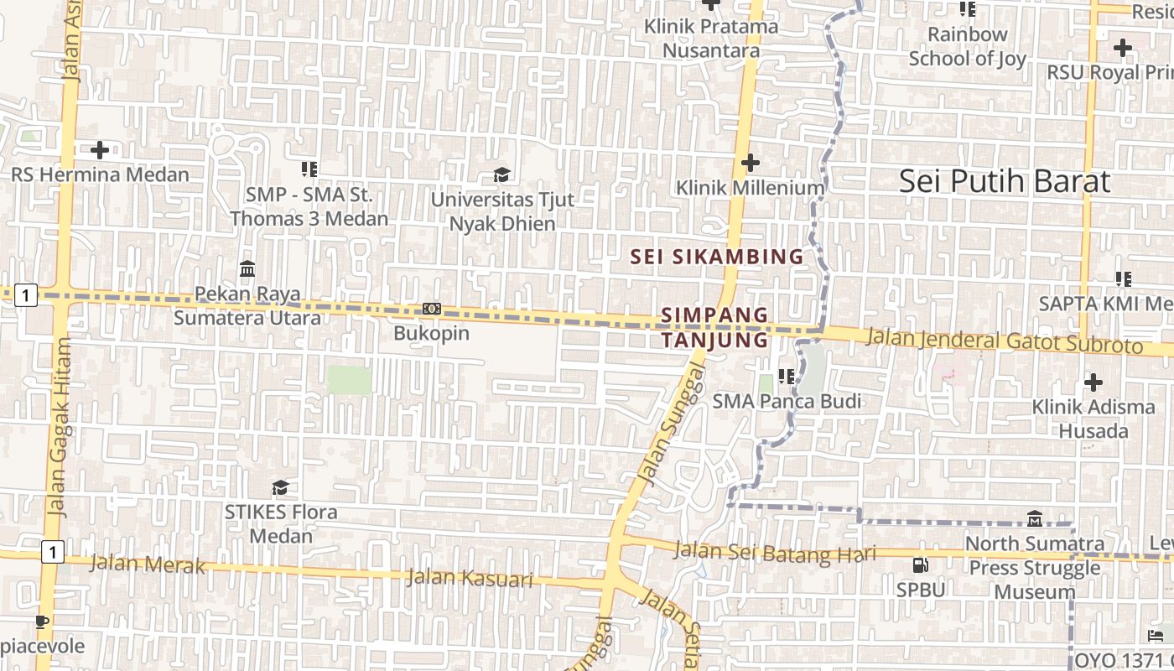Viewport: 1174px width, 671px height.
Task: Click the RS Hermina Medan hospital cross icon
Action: point(100,150)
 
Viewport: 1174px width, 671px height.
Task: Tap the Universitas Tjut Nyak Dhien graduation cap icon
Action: point(501,174)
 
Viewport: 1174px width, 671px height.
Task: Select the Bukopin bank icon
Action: point(432,309)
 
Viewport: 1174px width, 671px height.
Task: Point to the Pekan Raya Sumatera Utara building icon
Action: point(247,269)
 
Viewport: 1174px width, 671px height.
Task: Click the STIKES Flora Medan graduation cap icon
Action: point(280,487)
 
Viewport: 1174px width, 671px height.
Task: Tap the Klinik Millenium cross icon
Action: point(751,163)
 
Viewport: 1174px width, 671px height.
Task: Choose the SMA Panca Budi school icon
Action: point(786,376)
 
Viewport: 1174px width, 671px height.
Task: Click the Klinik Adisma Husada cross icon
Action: point(1093,382)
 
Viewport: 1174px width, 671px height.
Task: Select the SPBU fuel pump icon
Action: point(920,565)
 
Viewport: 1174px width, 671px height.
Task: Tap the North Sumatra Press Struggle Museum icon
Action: point(1034,519)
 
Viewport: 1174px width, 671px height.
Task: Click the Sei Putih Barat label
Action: point(1004,182)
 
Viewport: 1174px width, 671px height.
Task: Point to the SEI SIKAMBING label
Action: point(717,257)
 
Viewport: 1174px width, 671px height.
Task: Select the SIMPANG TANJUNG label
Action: point(714,327)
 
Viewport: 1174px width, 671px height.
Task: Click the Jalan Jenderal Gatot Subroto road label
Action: point(1004,341)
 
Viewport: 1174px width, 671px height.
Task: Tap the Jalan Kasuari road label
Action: point(470,578)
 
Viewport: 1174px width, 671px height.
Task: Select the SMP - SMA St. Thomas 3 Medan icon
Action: point(309,169)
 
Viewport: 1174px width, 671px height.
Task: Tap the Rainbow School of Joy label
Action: point(967,46)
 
